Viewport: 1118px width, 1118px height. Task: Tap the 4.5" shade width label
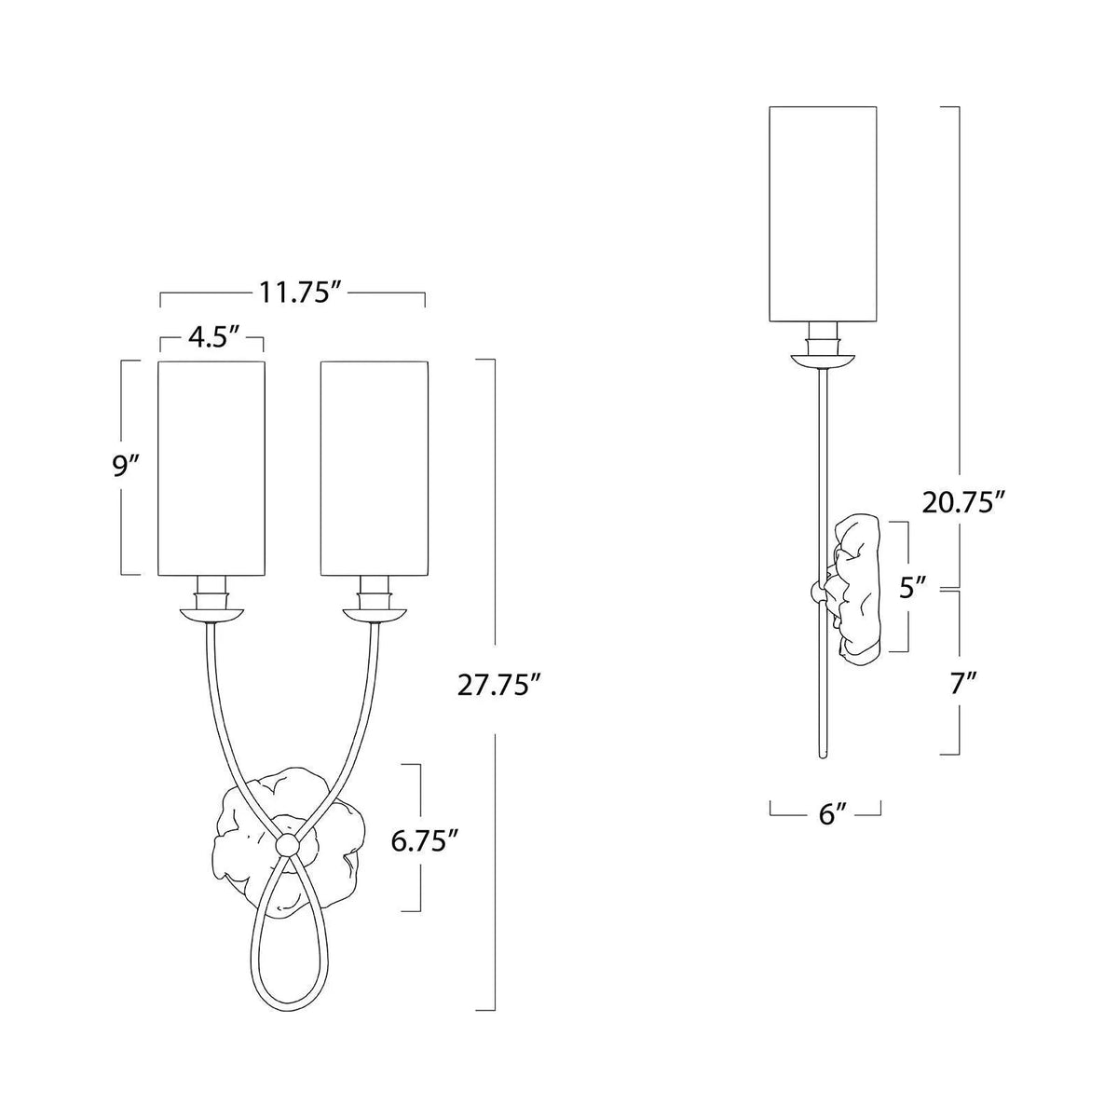point(211,337)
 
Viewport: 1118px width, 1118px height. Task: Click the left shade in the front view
point(212,466)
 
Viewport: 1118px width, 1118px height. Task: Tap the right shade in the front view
point(375,466)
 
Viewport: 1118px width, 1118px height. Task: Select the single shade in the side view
point(824,213)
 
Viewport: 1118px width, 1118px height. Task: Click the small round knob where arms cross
point(288,842)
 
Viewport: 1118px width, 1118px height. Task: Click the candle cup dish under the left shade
point(212,614)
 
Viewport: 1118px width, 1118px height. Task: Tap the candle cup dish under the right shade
point(375,614)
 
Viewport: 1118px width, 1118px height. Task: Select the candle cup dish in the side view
point(824,359)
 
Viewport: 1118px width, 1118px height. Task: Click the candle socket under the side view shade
point(824,334)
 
